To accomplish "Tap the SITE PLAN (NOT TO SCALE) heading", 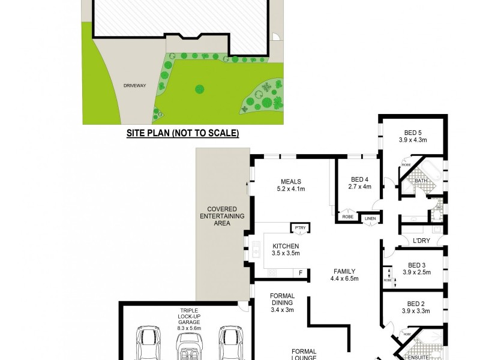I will (x=182, y=133).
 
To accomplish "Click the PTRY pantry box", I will (x=299, y=228).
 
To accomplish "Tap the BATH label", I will (x=421, y=180).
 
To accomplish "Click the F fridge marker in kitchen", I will (x=301, y=274).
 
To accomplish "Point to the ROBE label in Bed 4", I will (x=346, y=216).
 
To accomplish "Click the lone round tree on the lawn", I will (x=199, y=90).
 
